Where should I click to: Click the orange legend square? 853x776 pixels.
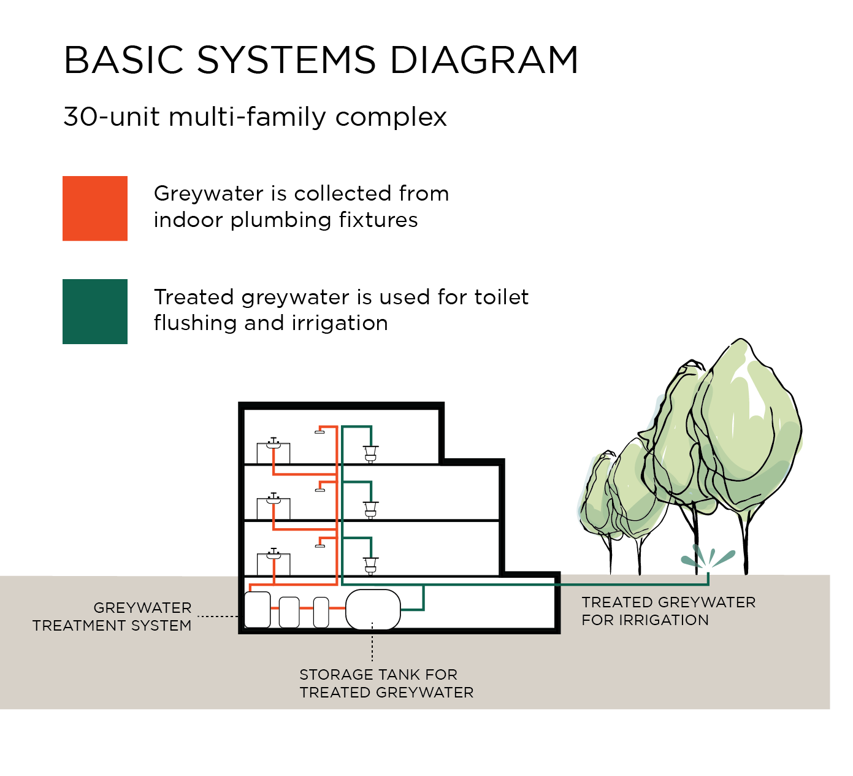pyautogui.click(x=95, y=209)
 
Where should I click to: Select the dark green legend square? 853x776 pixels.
pyautogui.click(x=95, y=312)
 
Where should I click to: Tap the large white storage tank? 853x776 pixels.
pyautogui.click(x=373, y=609)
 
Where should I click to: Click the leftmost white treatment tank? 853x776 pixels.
pyautogui.click(x=258, y=610)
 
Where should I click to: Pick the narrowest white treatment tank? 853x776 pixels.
pyautogui.click(x=321, y=612)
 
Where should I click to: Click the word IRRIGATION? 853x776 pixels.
pyautogui.click(x=664, y=620)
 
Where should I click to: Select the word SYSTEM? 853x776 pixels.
pyautogui.click(x=161, y=626)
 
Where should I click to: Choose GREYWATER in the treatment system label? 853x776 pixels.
pyautogui.click(x=142, y=608)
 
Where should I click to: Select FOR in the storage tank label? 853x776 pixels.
pyautogui.click(x=442, y=675)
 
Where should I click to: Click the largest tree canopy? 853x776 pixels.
pyautogui.click(x=736, y=429)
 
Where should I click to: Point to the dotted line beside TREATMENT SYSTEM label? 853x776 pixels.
pyautogui.click(x=218, y=617)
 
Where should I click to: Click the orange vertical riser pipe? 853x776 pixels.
pyautogui.click(x=337, y=503)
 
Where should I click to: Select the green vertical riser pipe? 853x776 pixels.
pyautogui.click(x=342, y=503)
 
